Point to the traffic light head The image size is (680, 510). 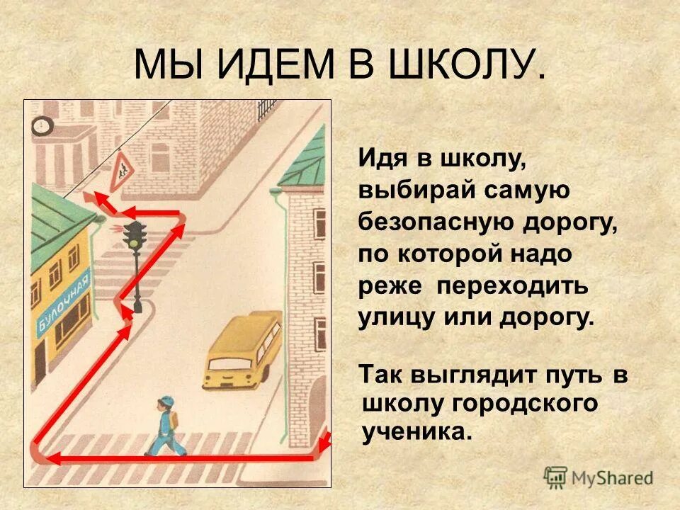pos(135,234)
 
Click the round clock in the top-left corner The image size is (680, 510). pos(41,126)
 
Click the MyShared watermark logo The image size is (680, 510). pos(599,476)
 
